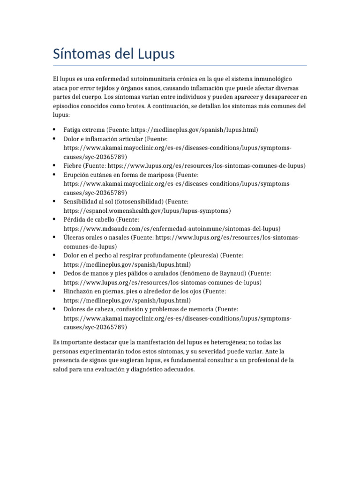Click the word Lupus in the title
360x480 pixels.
pyautogui.click(x=154, y=54)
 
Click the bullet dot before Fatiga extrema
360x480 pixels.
pyautogui.click(x=54, y=129)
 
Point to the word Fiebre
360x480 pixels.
pyautogui.click(x=73, y=165)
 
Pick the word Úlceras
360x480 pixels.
pyautogui.click(x=75, y=238)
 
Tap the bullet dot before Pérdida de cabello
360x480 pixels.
pyautogui.click(x=54, y=219)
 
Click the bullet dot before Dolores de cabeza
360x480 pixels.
pyautogui.click(x=54, y=309)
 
